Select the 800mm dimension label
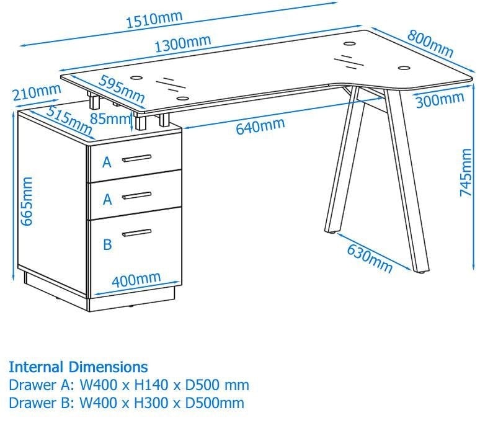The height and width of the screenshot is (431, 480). pos(430,40)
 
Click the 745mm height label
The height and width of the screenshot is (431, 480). pos(466,172)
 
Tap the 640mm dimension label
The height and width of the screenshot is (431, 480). pos(259,127)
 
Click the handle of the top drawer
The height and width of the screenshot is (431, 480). pos(136,158)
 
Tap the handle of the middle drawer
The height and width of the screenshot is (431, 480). pos(136,196)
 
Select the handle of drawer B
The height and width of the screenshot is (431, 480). pos(136,233)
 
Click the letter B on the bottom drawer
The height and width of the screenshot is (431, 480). pos(107,244)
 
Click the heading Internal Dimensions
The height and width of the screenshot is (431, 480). pos(78,367)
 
